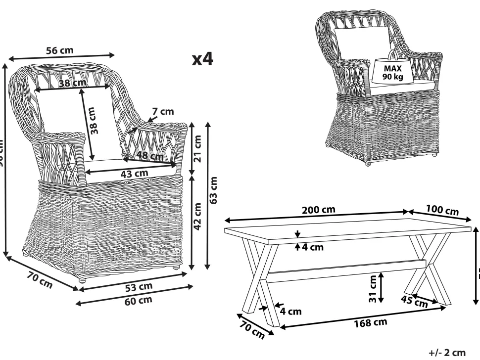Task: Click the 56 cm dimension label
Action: [59, 50]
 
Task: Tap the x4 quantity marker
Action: [202, 60]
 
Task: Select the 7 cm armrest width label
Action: [163, 112]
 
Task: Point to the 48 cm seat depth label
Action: [150, 156]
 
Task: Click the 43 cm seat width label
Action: [135, 174]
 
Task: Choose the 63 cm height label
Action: [214, 191]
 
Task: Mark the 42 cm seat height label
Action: [197, 217]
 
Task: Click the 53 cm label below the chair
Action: [139, 287]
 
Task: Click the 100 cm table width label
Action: [442, 210]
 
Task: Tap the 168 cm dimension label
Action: [370, 323]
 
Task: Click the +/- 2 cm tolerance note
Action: [447, 353]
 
